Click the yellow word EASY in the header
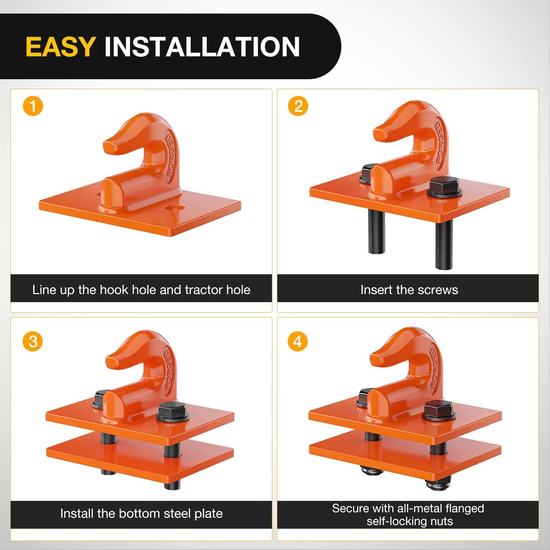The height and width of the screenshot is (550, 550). pos(61,47)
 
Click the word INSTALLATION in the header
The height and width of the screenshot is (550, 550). pos(202,47)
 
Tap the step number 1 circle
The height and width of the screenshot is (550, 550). pos(33,106)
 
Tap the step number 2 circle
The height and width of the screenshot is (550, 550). pos(298,106)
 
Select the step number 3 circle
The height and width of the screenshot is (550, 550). pos(33,342)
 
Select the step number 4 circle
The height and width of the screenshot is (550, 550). pos(298,342)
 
